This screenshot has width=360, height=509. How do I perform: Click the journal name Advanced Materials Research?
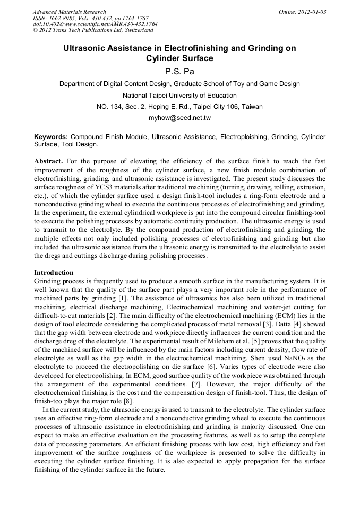(x=69, y=12)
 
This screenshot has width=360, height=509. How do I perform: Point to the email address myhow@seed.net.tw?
(x=179, y=117)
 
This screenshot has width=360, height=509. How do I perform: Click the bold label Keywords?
(x=51, y=137)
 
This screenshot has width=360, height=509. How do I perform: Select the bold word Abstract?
(x=49, y=161)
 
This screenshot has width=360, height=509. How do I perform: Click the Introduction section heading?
(x=54, y=272)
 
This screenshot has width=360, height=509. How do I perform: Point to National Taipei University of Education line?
(x=179, y=96)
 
